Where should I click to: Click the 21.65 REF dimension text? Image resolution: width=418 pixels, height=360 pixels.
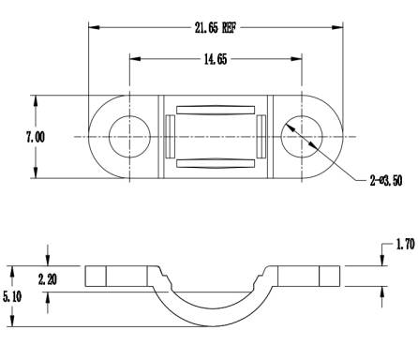click(x=216, y=28)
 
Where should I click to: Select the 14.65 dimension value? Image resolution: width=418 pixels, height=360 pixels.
click(x=216, y=59)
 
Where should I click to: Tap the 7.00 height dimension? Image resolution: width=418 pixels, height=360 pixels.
click(x=36, y=137)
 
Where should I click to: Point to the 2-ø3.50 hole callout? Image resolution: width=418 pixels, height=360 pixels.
click(x=386, y=181)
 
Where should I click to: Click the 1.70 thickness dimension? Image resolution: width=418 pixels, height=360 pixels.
click(x=406, y=244)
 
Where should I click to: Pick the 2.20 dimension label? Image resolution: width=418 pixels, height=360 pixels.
click(x=48, y=279)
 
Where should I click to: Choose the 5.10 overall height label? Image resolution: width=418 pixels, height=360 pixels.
click(x=12, y=296)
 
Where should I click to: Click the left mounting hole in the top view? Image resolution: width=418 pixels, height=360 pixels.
click(x=129, y=137)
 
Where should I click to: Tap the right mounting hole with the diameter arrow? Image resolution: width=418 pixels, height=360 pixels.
click(x=302, y=137)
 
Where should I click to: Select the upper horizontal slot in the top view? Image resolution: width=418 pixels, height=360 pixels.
click(x=216, y=110)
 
